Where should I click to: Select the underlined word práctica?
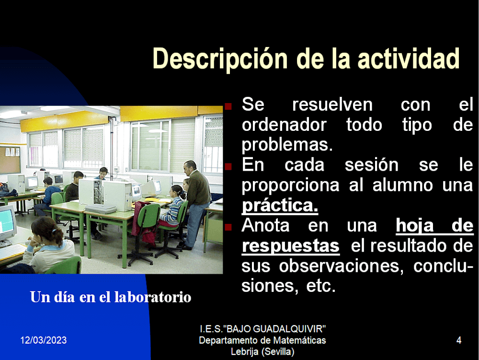point(280,205)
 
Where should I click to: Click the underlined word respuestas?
point(291,246)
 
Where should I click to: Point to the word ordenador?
point(284,125)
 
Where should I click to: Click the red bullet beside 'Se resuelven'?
point(228,106)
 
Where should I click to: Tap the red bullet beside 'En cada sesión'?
point(228,166)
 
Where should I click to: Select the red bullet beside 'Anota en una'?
point(228,227)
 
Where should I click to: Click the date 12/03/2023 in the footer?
point(44,340)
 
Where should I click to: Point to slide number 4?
point(458,340)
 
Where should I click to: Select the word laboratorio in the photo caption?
point(153,297)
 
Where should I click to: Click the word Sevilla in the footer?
point(278,352)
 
